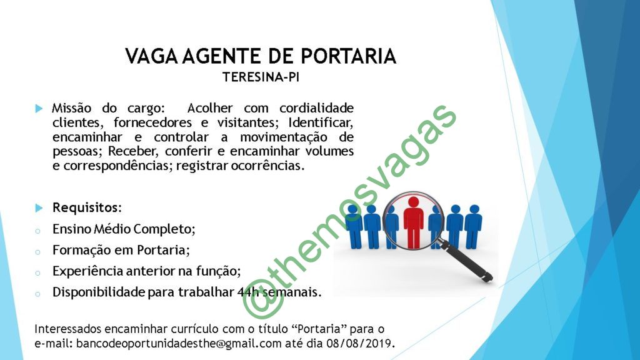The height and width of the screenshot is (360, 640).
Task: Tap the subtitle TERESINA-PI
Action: click(x=261, y=77)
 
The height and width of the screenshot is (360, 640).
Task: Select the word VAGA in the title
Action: click(x=151, y=56)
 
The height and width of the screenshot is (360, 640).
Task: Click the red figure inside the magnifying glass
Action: click(x=413, y=222)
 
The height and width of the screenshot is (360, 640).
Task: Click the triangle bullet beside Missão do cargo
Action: click(x=39, y=109)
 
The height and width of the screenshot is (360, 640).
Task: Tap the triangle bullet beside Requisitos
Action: click(x=39, y=208)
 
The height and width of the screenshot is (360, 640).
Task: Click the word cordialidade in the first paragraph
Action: click(x=316, y=108)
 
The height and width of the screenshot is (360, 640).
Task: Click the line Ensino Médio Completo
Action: click(x=124, y=229)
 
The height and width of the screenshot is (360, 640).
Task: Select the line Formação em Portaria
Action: click(x=121, y=250)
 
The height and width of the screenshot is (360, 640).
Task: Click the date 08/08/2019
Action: click(x=359, y=343)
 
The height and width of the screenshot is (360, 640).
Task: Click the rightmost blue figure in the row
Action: click(x=473, y=227)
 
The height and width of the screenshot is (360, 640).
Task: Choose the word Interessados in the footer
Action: click(x=67, y=329)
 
